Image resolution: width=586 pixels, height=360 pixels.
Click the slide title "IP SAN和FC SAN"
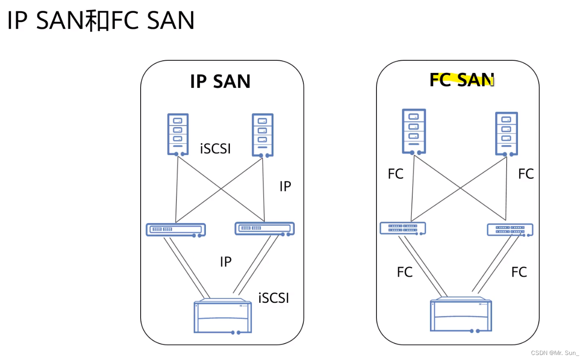101,21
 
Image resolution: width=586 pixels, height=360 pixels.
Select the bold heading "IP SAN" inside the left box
220,82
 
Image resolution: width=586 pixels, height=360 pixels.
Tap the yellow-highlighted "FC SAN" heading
461,80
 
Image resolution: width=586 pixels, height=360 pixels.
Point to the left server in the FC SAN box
414,131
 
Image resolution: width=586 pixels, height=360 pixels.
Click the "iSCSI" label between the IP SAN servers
215,148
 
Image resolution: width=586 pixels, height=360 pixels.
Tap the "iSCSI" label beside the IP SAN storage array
273,298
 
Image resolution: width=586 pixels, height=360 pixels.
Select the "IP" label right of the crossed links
285,186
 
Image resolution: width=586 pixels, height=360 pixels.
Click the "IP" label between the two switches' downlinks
225,262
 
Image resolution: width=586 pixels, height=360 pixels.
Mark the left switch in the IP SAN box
176,229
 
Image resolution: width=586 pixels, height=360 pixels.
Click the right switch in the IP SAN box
264,229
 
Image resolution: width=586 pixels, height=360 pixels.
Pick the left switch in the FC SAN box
403,228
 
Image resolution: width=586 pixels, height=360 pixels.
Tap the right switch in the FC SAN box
510,230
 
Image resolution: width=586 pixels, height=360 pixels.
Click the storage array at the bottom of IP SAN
222,316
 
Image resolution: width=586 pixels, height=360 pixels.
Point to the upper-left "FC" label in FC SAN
396,174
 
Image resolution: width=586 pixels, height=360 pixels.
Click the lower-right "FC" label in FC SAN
519,272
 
